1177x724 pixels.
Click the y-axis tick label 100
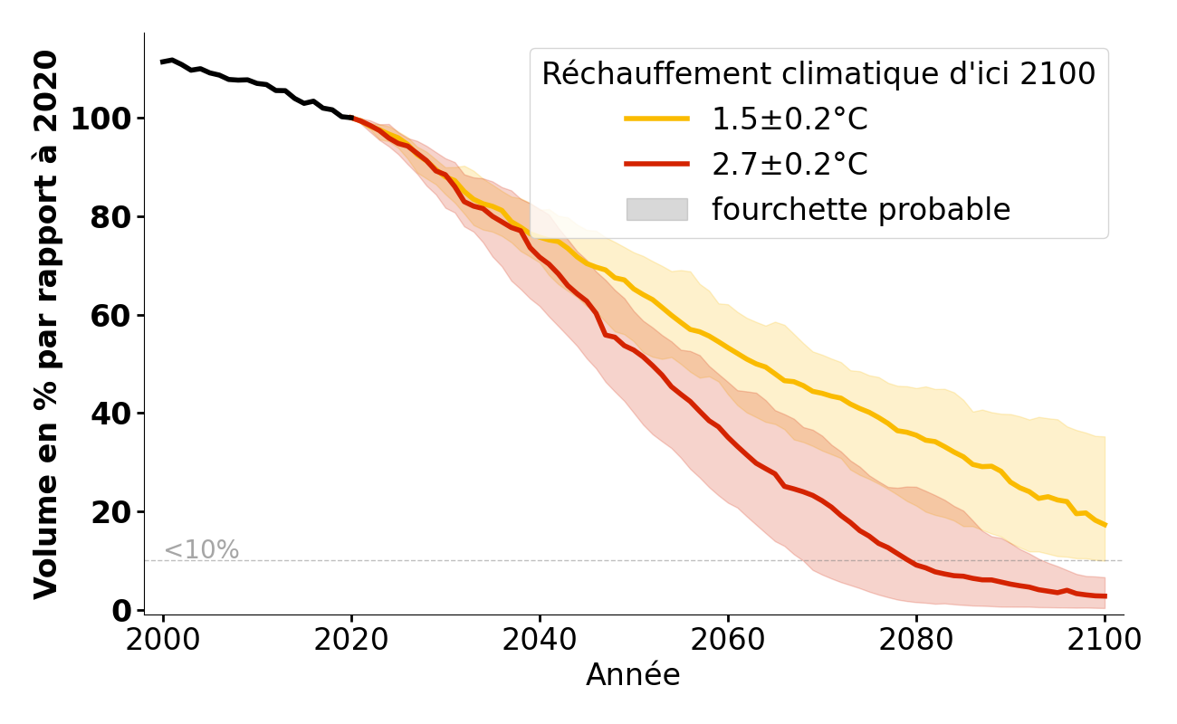click(x=101, y=119)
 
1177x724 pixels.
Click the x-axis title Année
click(x=633, y=675)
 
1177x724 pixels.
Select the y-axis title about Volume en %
click(x=47, y=324)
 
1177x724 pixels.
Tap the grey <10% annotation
click(x=201, y=550)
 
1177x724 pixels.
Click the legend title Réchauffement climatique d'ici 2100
click(x=818, y=74)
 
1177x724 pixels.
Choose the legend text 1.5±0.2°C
click(x=789, y=119)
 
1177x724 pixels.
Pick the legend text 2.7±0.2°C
click(x=789, y=165)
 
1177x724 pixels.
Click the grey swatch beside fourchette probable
click(x=656, y=210)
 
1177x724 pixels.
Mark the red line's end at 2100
click(x=1105, y=595)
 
